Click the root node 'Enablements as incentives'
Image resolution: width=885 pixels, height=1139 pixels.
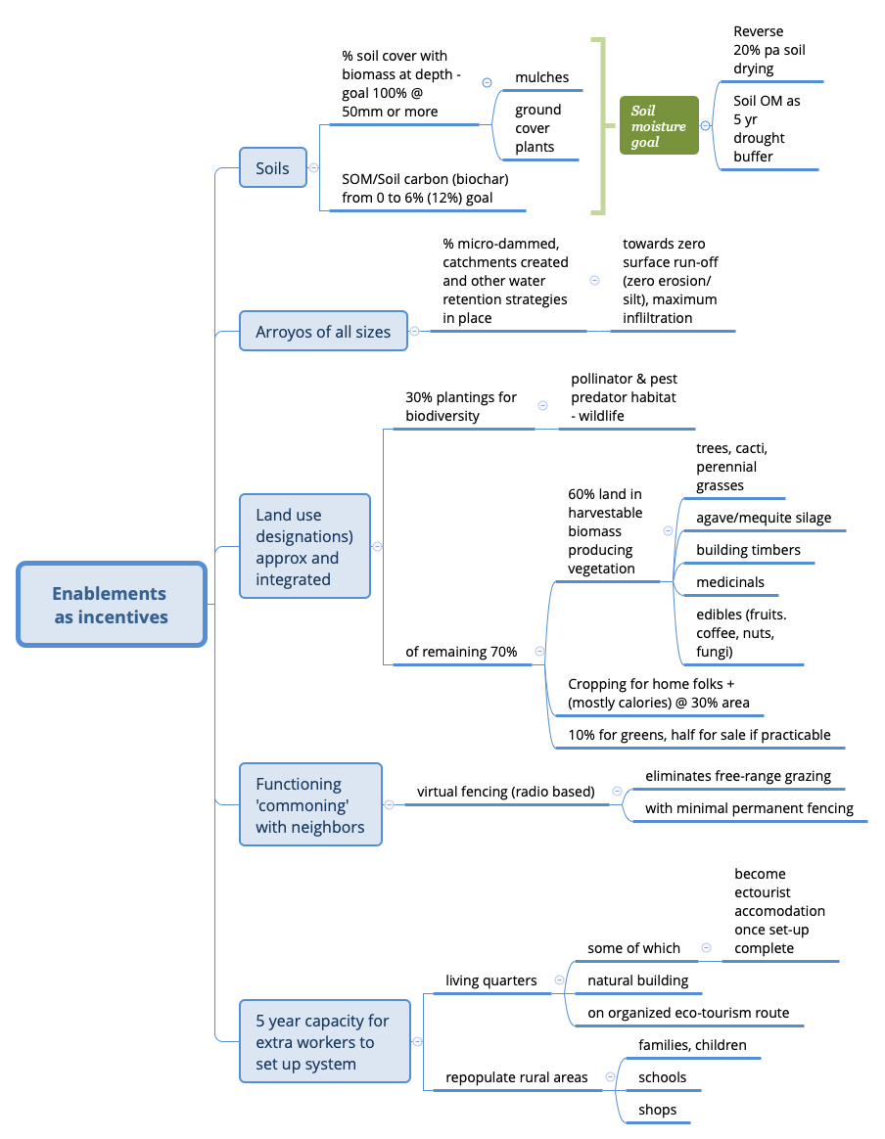click(111, 605)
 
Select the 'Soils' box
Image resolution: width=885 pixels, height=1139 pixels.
click(273, 168)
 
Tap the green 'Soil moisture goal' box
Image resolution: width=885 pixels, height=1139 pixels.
click(659, 126)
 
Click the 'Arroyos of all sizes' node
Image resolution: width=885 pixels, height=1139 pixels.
click(323, 332)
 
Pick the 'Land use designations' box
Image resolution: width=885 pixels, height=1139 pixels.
click(304, 546)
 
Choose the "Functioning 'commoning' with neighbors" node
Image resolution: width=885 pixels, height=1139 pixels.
click(310, 804)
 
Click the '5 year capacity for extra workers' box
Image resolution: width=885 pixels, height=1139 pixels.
click(324, 1041)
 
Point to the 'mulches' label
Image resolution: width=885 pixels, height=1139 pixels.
click(541, 77)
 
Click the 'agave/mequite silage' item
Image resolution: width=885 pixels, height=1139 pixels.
click(764, 518)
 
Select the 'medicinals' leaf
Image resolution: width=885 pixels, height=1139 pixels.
click(730, 582)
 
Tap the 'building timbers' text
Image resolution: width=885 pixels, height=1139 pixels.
click(748, 550)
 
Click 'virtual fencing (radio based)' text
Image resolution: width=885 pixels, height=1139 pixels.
click(505, 791)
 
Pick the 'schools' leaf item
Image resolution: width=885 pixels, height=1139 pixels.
click(662, 1077)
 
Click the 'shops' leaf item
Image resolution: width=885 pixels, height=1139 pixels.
click(657, 1110)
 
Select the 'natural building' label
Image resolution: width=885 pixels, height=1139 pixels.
click(637, 980)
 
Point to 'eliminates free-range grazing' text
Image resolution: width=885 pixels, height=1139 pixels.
click(737, 776)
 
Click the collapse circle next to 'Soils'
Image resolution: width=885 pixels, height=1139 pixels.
click(313, 168)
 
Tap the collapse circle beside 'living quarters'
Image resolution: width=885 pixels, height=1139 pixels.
click(559, 980)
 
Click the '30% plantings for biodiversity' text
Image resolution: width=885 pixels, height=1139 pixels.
click(460, 406)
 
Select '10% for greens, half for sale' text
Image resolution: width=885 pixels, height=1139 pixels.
click(699, 734)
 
